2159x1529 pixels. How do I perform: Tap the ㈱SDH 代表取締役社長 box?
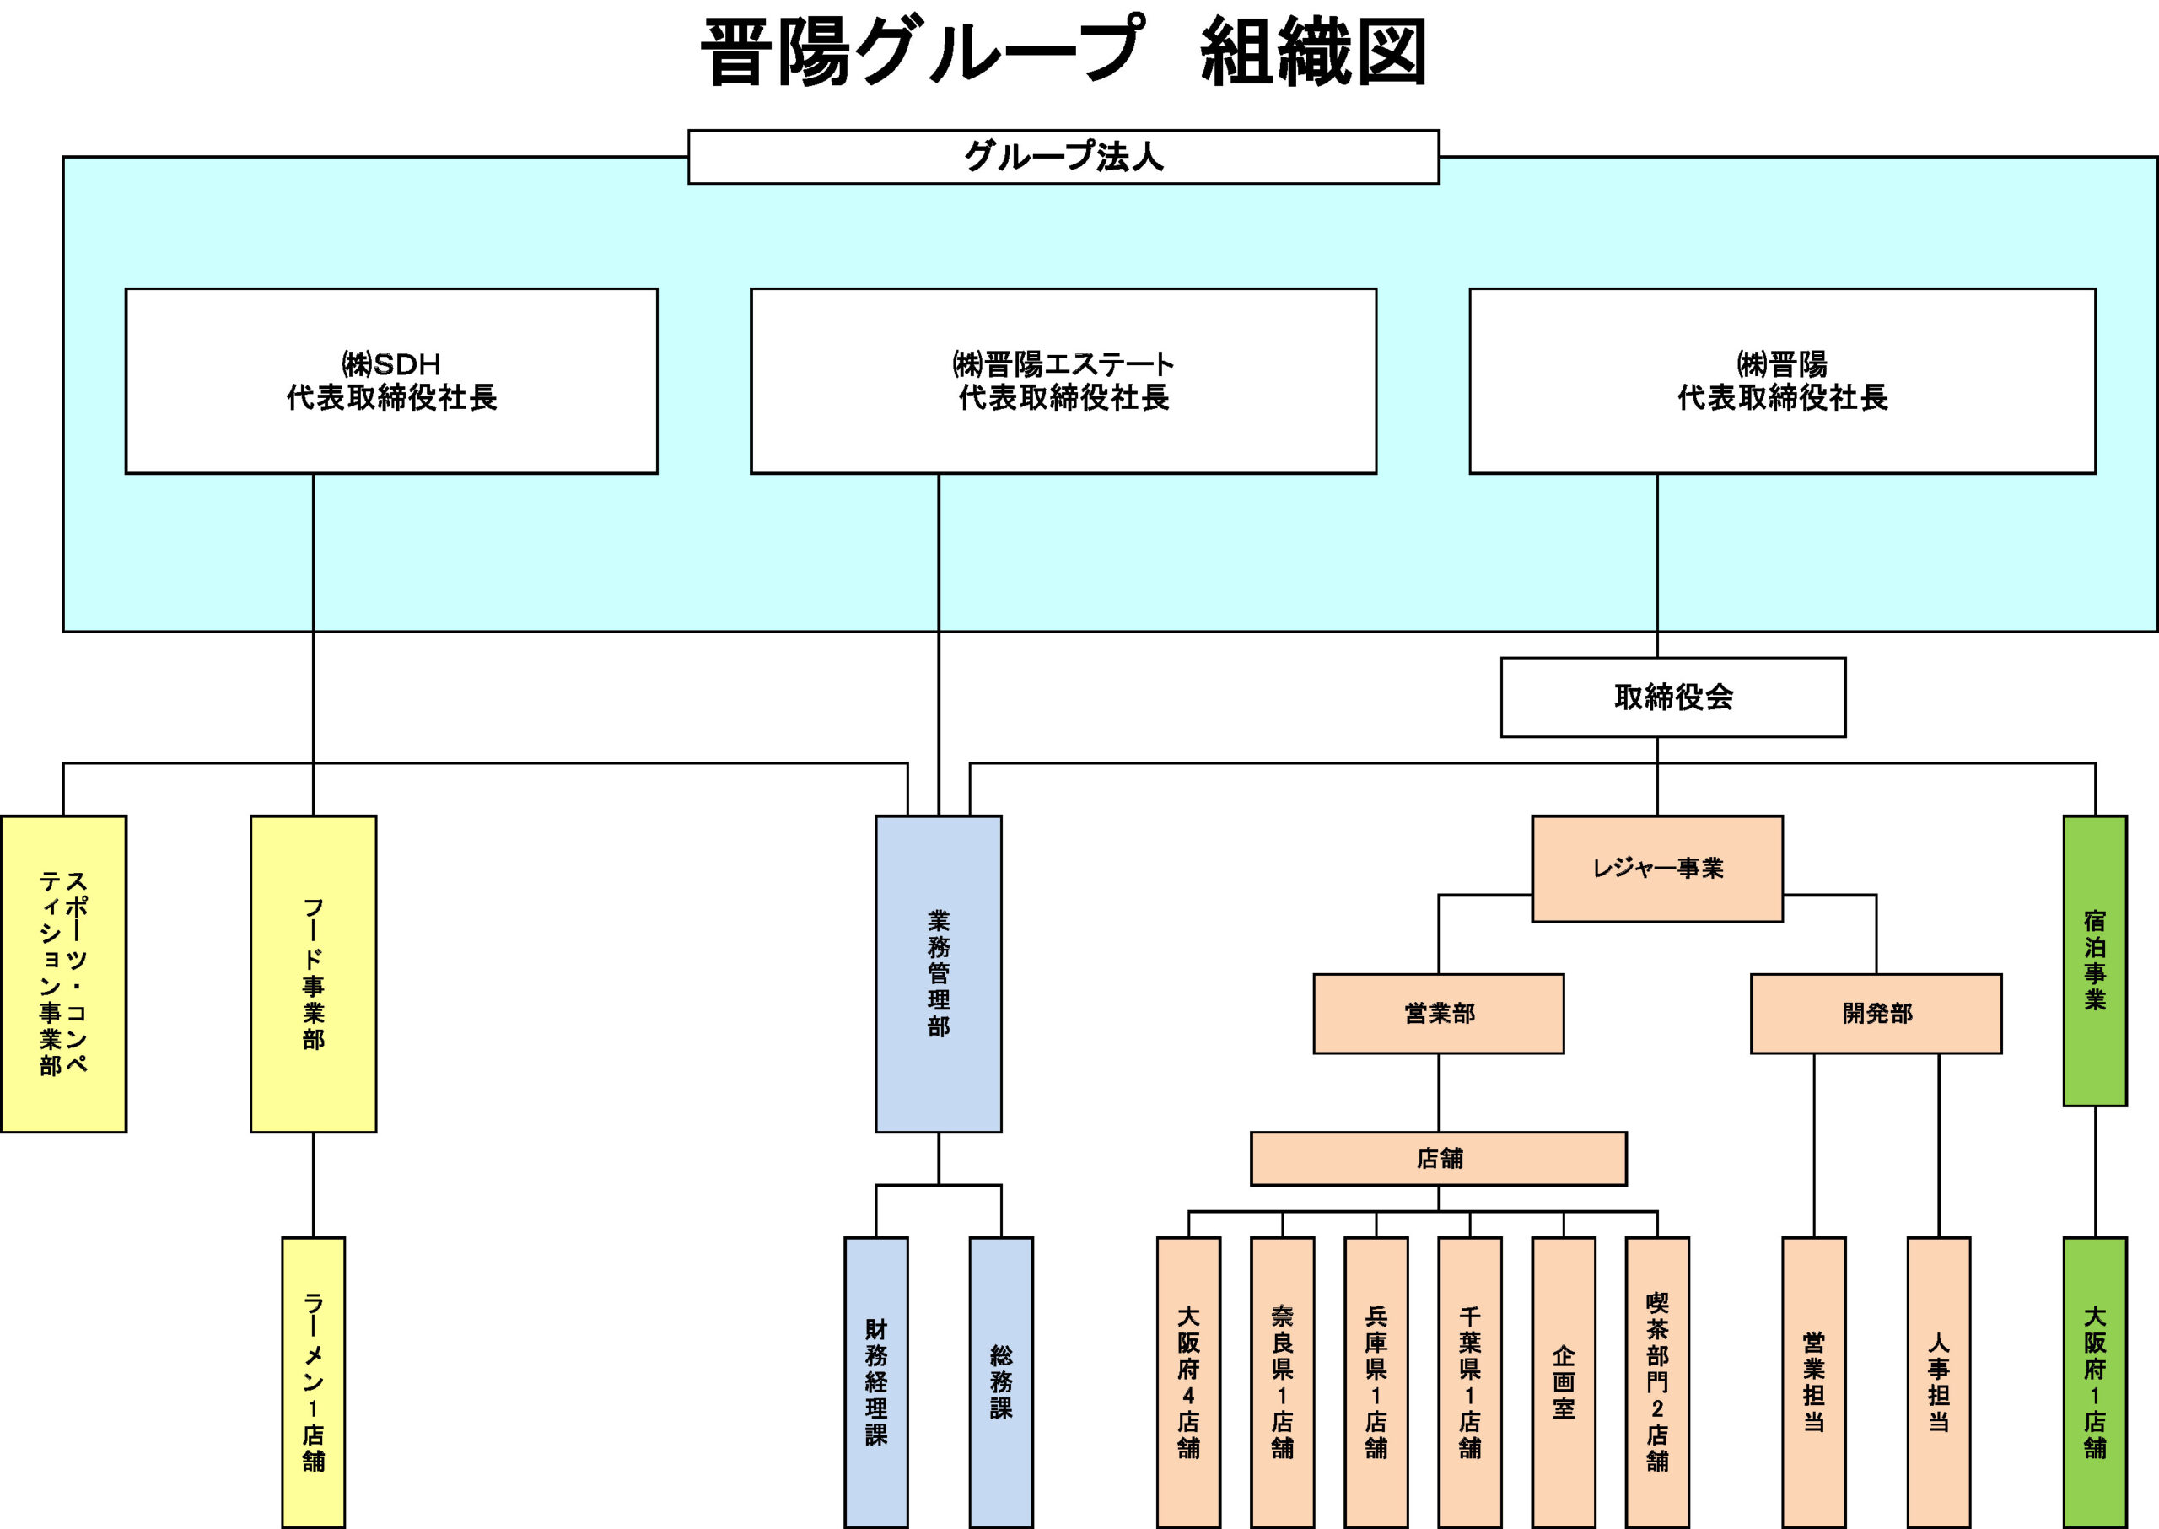pos(390,380)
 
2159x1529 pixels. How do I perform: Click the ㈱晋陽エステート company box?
pos(1063,380)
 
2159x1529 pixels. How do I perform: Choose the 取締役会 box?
pos(1672,697)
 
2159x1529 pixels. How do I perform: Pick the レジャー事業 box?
pos(1656,868)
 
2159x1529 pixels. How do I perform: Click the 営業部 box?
pos(1438,1013)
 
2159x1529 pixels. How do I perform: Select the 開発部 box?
pos(1876,1013)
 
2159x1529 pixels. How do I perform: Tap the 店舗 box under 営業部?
pos(1438,1158)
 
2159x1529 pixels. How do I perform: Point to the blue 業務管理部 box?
pos(938,973)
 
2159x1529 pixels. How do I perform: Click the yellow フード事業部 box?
pos(313,973)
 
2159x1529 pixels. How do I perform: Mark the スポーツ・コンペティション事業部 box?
pos(63,973)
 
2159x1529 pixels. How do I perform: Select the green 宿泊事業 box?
pos(2094,961)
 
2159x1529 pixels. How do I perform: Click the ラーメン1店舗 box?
pos(313,1381)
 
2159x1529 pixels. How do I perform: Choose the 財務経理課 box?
pos(875,1381)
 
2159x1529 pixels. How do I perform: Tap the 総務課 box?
pos(1001,1381)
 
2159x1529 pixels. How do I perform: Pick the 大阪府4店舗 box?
pos(1188,1381)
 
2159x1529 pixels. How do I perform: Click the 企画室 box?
pos(1563,1381)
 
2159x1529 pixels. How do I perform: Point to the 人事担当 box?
pos(1938,1381)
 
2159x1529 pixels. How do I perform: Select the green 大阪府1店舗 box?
pos(2094,1381)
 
